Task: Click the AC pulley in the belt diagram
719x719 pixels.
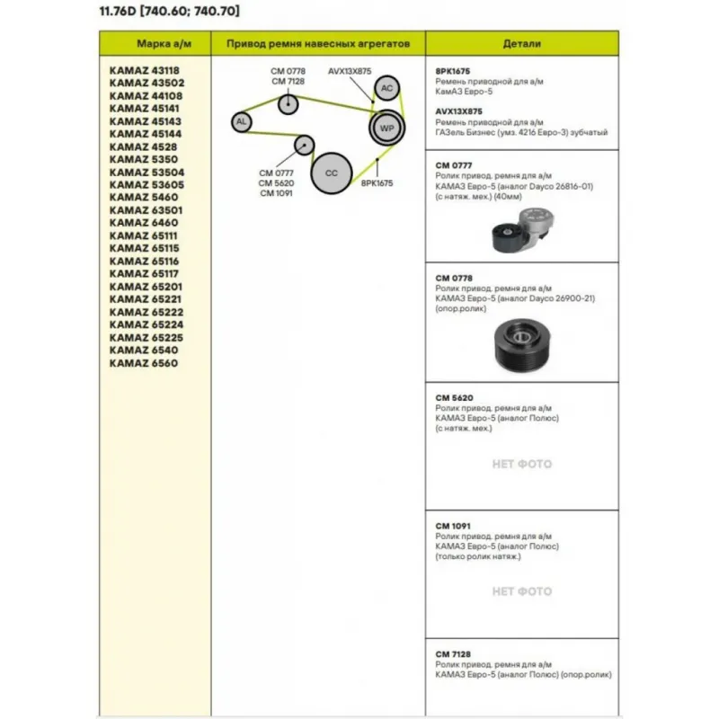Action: tap(386, 88)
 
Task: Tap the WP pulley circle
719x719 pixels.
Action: tap(387, 129)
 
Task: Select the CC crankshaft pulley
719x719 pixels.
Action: tap(331, 172)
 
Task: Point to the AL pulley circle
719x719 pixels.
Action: tap(240, 121)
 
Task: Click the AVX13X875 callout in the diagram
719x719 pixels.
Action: tap(350, 71)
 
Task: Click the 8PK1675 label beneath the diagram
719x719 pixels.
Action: tap(377, 182)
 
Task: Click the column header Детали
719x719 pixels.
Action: tap(522, 43)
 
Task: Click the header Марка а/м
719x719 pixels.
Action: tap(155, 43)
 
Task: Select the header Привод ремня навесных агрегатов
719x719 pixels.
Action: tap(318, 43)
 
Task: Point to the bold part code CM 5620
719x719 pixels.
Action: tap(454, 397)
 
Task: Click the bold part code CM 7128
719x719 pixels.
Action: tap(454, 653)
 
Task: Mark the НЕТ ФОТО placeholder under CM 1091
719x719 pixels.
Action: tap(522, 591)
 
